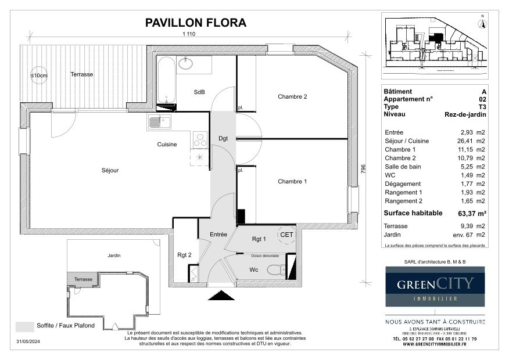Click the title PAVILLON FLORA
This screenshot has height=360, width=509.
click(x=195, y=23)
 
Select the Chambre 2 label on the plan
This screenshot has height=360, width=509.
click(x=292, y=97)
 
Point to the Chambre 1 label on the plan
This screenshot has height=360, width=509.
click(x=292, y=182)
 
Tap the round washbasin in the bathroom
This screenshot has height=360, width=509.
click(x=187, y=63)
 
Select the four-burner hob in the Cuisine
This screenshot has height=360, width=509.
click(x=200, y=139)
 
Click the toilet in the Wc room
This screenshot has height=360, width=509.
click(x=277, y=269)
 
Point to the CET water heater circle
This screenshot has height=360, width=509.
click(x=286, y=235)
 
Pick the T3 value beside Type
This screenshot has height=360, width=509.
click(x=482, y=107)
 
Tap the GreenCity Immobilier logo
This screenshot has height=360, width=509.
click(x=435, y=286)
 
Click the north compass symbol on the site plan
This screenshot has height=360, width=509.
click(x=481, y=23)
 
